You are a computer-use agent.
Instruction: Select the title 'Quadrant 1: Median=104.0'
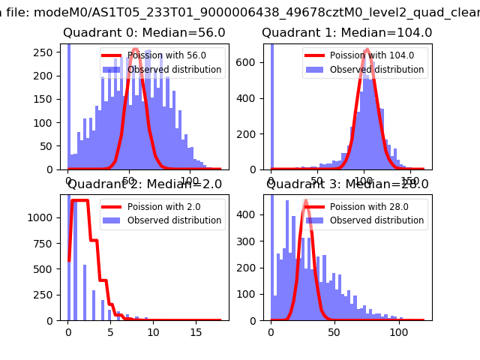[x=346, y=33]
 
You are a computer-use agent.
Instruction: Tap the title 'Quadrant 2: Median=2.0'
[x=145, y=184]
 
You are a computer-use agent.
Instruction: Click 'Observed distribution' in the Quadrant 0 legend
[x=174, y=70]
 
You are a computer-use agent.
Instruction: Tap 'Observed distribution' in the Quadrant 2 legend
[x=174, y=220]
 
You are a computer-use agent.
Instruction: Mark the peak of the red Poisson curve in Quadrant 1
[x=366, y=50]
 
